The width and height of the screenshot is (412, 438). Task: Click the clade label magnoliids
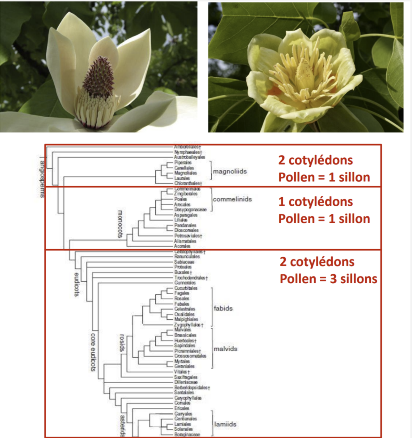230,171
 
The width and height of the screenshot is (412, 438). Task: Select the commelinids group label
232,199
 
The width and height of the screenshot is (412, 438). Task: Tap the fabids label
223,308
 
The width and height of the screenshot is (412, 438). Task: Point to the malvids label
225,349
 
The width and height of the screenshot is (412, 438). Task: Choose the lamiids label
225,424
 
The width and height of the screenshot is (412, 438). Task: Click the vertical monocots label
120,224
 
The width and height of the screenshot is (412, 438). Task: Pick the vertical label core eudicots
93,352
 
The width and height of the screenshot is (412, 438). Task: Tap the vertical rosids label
122,343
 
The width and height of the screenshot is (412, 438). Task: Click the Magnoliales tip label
185,173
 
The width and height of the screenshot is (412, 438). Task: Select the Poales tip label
180,199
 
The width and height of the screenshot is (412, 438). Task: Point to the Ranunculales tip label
187,256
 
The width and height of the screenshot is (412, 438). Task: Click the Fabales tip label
182,304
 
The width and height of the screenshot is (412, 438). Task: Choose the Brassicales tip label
185,335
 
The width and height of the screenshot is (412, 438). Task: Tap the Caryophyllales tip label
188,398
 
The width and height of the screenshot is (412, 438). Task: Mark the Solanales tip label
183,429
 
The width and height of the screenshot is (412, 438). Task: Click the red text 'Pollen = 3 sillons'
328,279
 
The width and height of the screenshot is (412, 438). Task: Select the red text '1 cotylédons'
315,202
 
